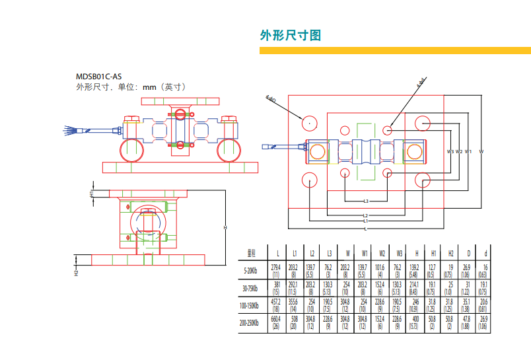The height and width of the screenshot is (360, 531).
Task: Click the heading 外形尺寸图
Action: pos(291,36)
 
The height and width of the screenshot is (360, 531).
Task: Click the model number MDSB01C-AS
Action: pos(99,76)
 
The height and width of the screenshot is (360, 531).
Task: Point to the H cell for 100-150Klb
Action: pos(415,305)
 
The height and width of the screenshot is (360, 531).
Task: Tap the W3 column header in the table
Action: pos(398,252)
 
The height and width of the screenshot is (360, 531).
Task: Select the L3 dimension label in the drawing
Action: pos(365,200)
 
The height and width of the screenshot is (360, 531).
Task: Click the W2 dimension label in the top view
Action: pos(459,152)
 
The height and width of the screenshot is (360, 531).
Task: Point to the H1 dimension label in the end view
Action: pos(92,193)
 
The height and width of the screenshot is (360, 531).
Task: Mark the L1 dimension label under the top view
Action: pos(365,221)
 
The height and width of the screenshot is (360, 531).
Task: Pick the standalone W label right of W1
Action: pos(481,152)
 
